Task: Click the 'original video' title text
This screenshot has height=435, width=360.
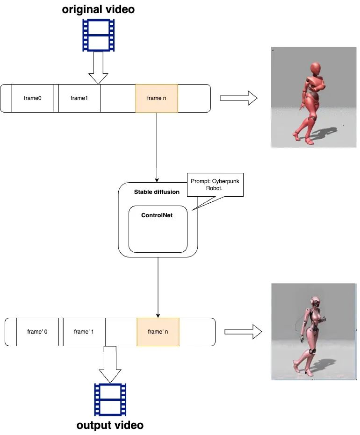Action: (98, 9)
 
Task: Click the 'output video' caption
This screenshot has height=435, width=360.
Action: (110, 425)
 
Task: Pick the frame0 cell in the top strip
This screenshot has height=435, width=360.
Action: (33, 98)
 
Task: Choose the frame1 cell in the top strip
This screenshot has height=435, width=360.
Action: (79, 98)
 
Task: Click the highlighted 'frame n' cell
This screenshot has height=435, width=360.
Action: (157, 98)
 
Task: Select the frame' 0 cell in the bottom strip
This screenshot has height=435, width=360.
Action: (37, 332)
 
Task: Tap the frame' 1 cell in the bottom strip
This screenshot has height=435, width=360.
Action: (84, 332)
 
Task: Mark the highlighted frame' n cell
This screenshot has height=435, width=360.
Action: (158, 332)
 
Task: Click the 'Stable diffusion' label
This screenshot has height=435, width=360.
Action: (157, 192)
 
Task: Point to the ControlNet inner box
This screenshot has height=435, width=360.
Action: (158, 229)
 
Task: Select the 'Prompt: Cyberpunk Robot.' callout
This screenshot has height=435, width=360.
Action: (215, 184)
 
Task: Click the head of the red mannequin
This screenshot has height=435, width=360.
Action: (316, 68)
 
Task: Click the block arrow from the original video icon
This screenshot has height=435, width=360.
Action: (99, 68)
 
